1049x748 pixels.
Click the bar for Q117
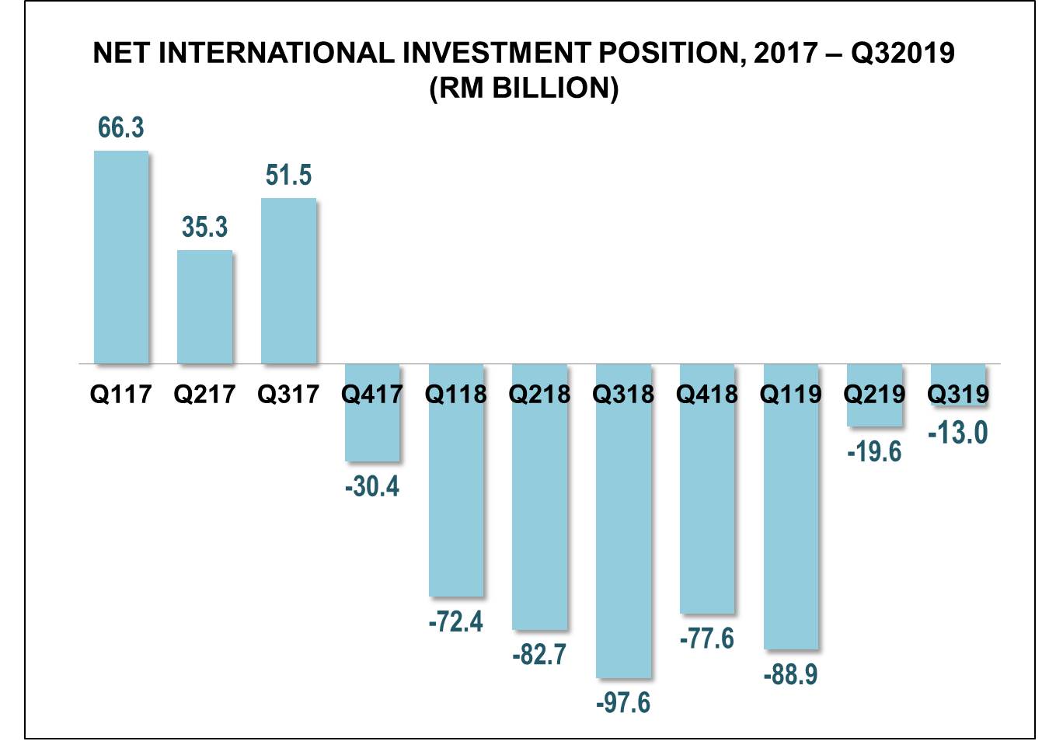[x=121, y=257]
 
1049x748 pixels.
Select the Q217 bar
[x=204, y=307]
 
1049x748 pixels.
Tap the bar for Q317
[x=288, y=280]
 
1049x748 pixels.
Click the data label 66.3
[x=121, y=127]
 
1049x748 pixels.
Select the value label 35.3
[x=204, y=227]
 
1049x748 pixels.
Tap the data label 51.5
[x=288, y=175]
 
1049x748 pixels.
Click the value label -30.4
[x=372, y=486]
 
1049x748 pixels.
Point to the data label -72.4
[x=456, y=621]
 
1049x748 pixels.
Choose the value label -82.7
[x=539, y=655]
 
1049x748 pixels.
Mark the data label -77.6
[x=707, y=638]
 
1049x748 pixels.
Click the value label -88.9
[x=791, y=674]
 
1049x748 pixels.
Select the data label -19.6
[x=875, y=451]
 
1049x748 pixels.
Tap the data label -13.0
[x=958, y=433]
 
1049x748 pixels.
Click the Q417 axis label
[x=372, y=394]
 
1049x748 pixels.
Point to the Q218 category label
[x=539, y=394]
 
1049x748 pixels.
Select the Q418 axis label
[x=707, y=394]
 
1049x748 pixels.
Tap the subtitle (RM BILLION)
[x=524, y=87]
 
